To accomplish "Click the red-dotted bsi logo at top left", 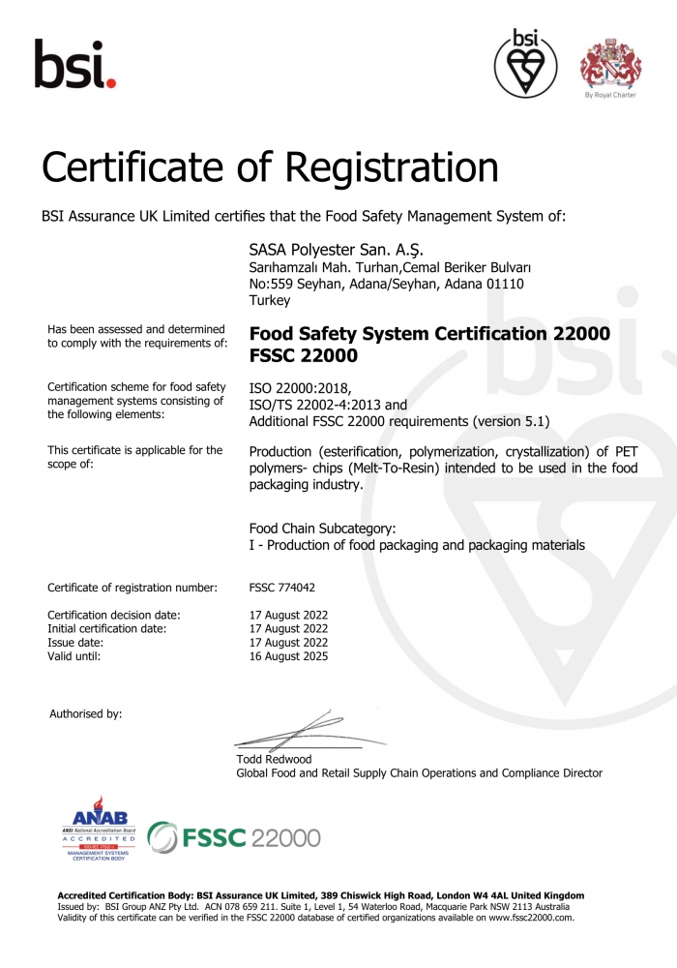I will tap(74, 64).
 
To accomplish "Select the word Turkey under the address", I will tap(270, 301).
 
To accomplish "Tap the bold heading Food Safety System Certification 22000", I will tap(429, 334).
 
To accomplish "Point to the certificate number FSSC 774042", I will tap(282, 588).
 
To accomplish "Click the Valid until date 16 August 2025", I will tap(288, 656).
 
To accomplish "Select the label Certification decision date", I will tap(114, 615).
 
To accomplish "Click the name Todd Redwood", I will tap(274, 759).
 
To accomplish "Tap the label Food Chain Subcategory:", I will tap(322, 529).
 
